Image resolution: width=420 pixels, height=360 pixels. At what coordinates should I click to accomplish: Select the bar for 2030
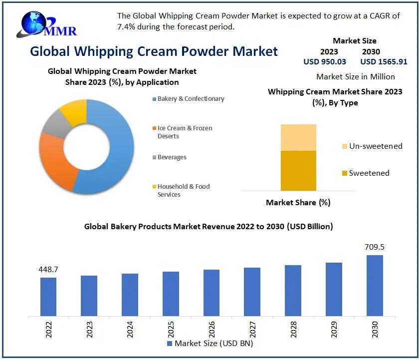375,286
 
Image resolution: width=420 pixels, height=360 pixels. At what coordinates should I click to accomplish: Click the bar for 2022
48,297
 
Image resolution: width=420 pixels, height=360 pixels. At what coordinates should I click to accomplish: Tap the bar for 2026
211,293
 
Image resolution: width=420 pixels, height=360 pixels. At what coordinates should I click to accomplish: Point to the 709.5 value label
375,247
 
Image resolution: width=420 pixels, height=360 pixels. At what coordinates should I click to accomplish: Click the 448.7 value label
48,269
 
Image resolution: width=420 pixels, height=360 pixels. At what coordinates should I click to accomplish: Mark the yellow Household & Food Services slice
74,110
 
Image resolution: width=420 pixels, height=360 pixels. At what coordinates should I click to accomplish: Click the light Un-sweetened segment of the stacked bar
298,137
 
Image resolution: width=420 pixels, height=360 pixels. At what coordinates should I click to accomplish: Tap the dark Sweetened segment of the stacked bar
298,170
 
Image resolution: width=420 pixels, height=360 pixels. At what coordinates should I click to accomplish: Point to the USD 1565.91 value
384,62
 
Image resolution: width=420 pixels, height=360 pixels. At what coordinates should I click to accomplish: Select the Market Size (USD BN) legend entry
210,343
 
